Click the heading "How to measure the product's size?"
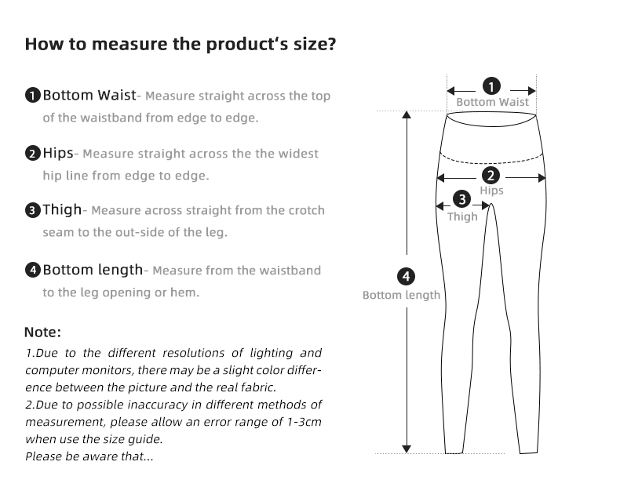[x=181, y=43]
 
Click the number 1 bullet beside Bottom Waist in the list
[x=32, y=96]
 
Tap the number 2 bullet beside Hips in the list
[x=32, y=154]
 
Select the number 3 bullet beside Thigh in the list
[x=32, y=210]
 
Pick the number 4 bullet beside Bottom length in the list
[x=32, y=271]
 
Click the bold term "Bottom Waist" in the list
[x=89, y=96]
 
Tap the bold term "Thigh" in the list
[x=62, y=209]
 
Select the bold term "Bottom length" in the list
[x=93, y=270]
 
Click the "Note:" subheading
[x=43, y=332]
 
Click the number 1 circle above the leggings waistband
[x=492, y=87]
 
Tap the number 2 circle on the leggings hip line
[x=491, y=176]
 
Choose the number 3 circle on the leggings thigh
[x=463, y=200]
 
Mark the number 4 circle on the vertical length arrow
[x=406, y=276]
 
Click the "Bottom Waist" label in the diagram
[x=492, y=102]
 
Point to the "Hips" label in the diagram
[x=491, y=191]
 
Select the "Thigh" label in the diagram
[x=462, y=216]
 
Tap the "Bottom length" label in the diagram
[x=401, y=296]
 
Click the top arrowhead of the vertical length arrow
[x=407, y=116]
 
